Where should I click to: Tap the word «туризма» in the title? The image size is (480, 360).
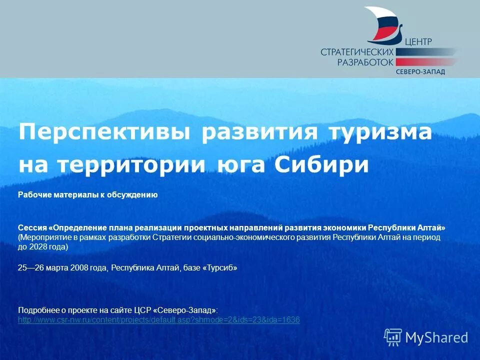[380, 132]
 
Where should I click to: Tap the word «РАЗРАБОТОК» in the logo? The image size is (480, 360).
[365, 62]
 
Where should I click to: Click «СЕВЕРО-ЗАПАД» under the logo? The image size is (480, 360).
[420, 71]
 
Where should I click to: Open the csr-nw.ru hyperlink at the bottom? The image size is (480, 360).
[158, 320]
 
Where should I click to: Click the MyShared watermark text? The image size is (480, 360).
[436, 337]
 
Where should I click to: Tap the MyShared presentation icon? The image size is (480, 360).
[393, 337]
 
